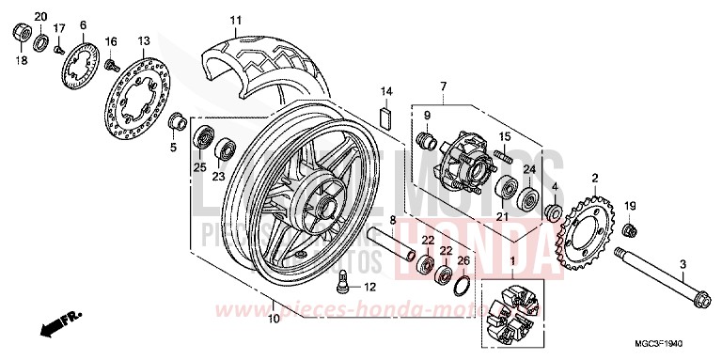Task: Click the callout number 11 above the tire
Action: tap(235, 20)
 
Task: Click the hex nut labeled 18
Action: tap(19, 35)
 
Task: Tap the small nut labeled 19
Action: tap(631, 230)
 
